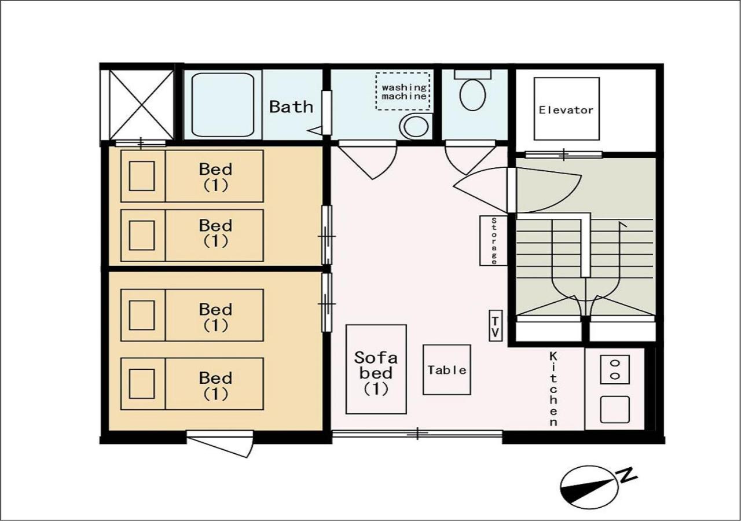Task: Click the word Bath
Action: pyautogui.click(x=291, y=107)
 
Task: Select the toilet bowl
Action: pyautogui.click(x=473, y=94)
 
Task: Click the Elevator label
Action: pyautogui.click(x=566, y=110)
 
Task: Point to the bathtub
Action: pyautogui.click(x=223, y=105)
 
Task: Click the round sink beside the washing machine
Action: pyautogui.click(x=415, y=126)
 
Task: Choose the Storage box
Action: pyautogui.click(x=493, y=240)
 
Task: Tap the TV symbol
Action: pyautogui.click(x=496, y=325)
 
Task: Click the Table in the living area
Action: pyautogui.click(x=446, y=369)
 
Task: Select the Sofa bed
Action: pyautogui.click(x=376, y=369)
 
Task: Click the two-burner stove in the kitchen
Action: pyautogui.click(x=615, y=369)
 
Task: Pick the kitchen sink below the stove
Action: pyautogui.click(x=615, y=409)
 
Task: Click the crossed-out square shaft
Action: pyautogui.click(x=141, y=105)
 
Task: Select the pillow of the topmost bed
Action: pyautogui.click(x=142, y=176)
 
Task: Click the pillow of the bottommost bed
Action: pyautogui.click(x=142, y=384)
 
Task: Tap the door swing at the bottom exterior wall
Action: pyautogui.click(x=220, y=443)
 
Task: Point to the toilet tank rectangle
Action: pyautogui.click(x=473, y=74)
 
